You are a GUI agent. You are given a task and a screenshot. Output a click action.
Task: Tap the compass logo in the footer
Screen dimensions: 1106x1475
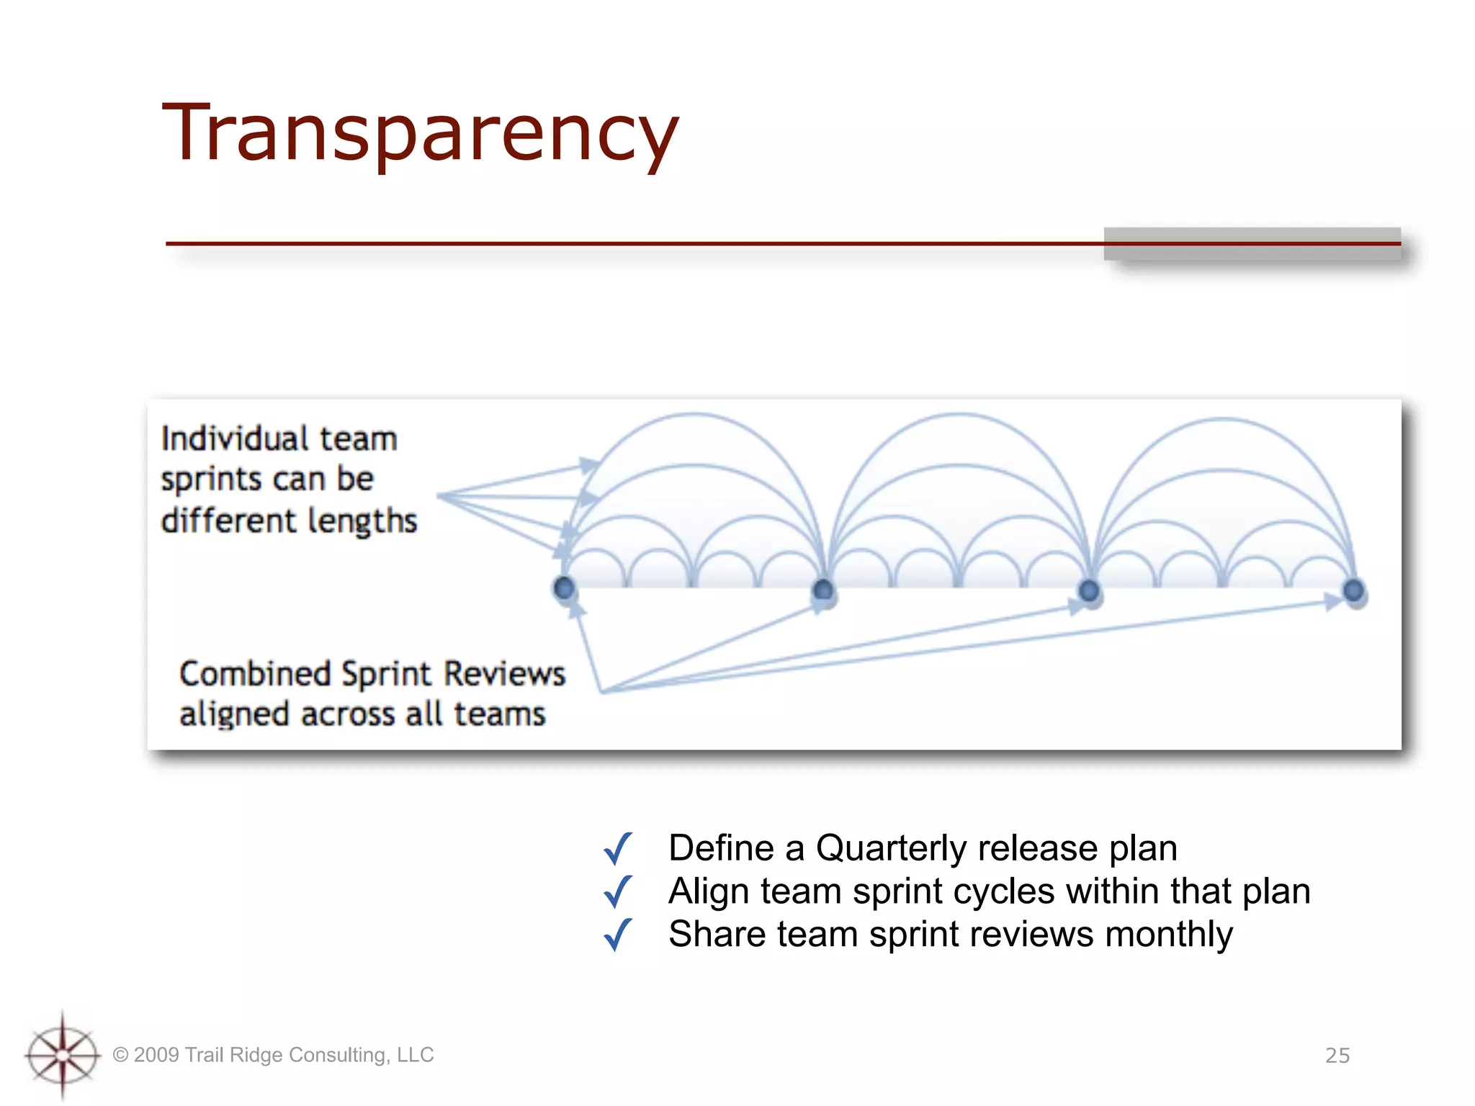point(63,1055)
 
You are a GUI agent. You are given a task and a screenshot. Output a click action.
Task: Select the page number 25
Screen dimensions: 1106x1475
point(1337,1056)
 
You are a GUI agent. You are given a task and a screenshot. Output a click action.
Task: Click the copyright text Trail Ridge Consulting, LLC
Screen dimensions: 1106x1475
point(274,1055)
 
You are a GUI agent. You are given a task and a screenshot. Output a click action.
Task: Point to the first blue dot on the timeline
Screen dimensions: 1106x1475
point(564,588)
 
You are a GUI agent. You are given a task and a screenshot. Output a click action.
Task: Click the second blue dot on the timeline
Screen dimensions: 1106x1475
point(822,590)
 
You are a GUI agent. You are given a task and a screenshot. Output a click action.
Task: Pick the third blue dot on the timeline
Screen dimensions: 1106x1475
point(1089,591)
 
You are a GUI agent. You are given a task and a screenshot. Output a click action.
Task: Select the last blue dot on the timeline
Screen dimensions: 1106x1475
point(1353,590)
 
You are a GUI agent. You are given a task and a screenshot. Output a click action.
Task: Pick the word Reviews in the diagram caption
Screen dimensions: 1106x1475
point(504,674)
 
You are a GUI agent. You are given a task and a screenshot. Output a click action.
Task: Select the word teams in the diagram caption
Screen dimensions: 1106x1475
point(499,714)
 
